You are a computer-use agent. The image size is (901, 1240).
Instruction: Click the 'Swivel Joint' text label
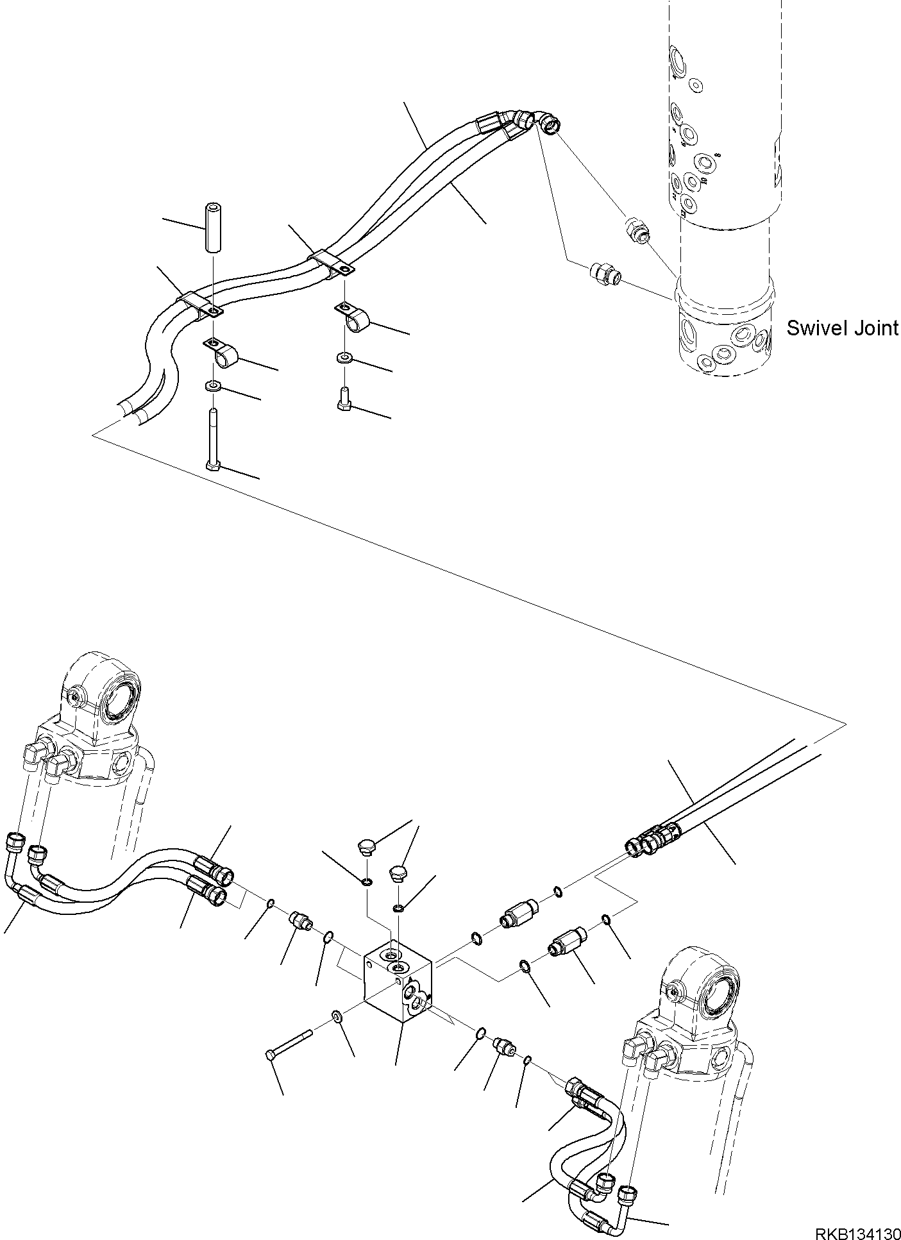tap(842, 328)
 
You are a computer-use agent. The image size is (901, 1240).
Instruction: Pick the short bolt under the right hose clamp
tap(344, 398)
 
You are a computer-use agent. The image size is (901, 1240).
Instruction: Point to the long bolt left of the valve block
tap(289, 1042)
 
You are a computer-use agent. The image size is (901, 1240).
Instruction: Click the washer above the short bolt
tap(344, 358)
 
